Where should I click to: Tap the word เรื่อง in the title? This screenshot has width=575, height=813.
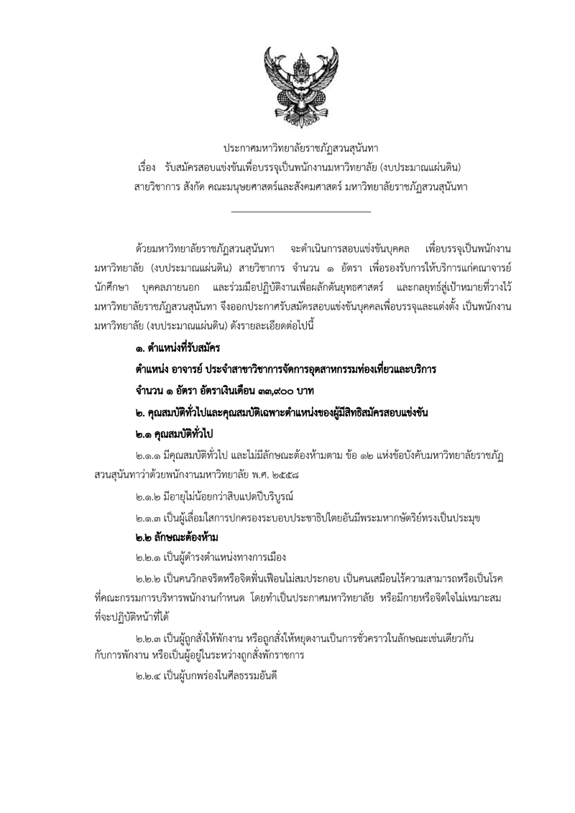click(146, 167)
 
